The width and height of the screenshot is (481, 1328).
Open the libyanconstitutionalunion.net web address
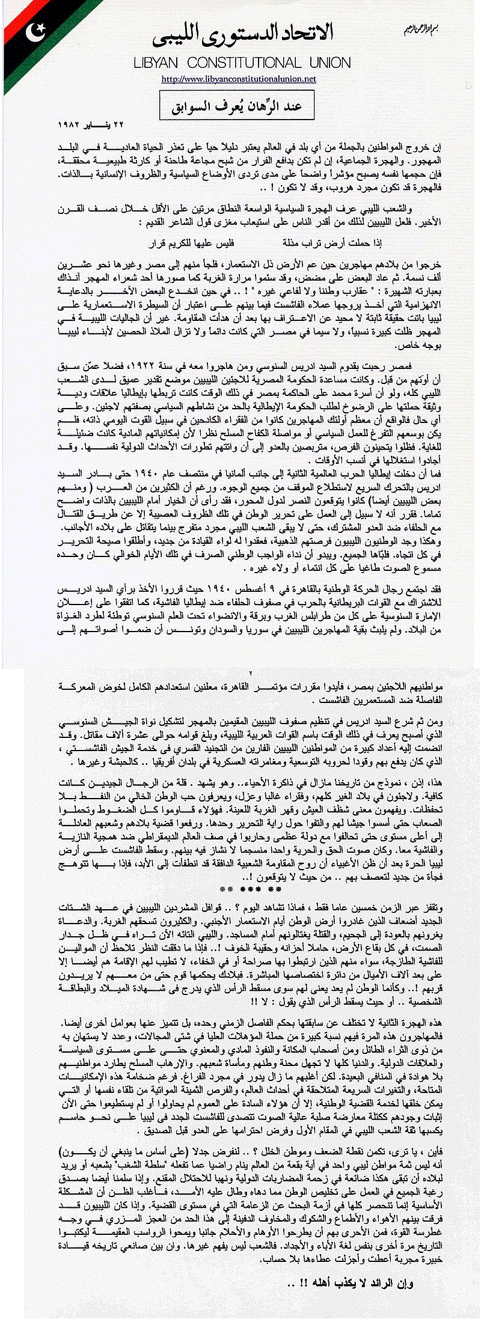pyautogui.click(x=239, y=79)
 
